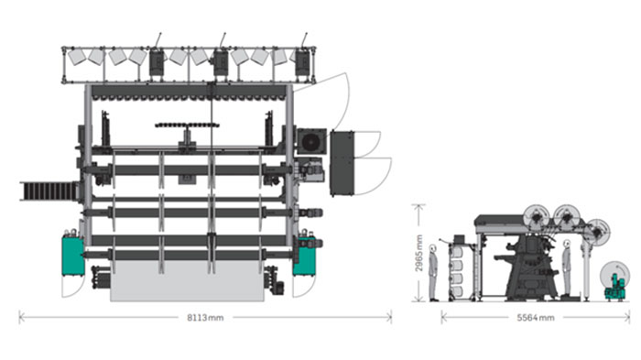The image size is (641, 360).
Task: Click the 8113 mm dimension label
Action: pyautogui.click(x=205, y=318)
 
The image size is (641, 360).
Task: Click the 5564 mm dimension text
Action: pyautogui.click(x=536, y=318)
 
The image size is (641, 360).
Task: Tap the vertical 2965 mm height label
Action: pyautogui.click(x=418, y=253)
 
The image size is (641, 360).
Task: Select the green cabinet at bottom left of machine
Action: pyautogui.click(x=72, y=255)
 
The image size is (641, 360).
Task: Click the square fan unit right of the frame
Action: pyautogui.click(x=311, y=142)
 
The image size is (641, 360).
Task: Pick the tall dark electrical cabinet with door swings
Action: pyautogui.click(x=342, y=163)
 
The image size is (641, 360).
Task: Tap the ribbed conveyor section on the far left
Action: pyautogui.click(x=49, y=191)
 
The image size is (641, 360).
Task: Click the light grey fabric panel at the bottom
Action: pyautogui.click(x=187, y=281)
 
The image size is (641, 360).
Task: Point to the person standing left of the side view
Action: pyautogui.click(x=433, y=272)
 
